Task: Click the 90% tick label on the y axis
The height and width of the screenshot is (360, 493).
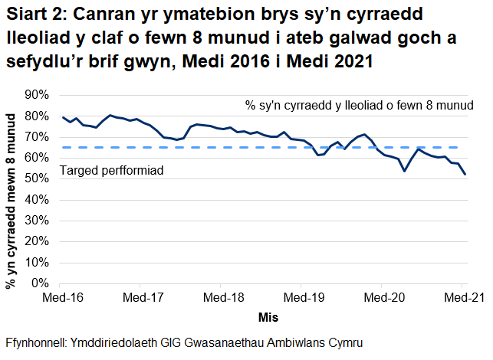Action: tap(36, 95)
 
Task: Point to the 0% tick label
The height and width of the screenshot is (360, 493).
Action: tap(39, 283)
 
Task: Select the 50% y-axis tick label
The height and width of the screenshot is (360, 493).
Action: tap(36, 178)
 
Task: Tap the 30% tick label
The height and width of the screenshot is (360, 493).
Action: tap(36, 221)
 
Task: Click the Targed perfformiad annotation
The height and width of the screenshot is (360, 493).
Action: tap(112, 171)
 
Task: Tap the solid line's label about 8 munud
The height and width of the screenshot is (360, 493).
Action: tap(358, 103)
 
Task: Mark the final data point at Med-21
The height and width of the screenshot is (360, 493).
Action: tap(465, 175)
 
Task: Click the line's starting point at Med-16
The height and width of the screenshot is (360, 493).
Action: tap(63, 117)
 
